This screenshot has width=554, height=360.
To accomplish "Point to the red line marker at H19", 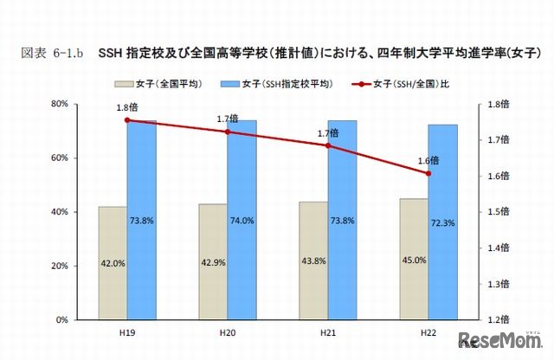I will coord(127,119).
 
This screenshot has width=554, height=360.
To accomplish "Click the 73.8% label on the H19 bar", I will coord(141,221).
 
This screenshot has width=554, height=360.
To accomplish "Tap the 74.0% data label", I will coord(242,221).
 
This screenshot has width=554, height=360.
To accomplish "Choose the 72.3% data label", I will coord(442,222).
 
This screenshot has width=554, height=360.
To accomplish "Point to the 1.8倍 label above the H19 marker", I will coord(127,107).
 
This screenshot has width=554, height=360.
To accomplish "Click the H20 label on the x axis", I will coord(227,331).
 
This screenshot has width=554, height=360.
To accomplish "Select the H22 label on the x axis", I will coord(428,331).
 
